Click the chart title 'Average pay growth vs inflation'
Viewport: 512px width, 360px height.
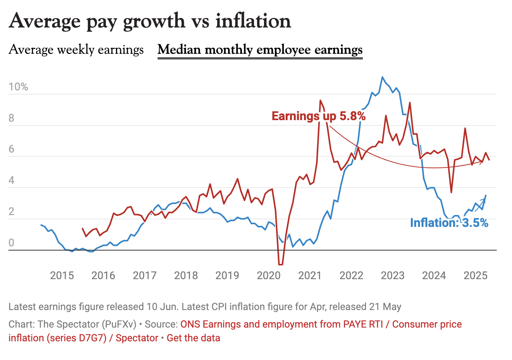[x=150, y=21]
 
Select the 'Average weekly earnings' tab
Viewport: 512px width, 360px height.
[x=76, y=50]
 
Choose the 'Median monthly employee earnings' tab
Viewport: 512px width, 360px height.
[x=260, y=50]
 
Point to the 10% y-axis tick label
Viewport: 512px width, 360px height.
[x=18, y=87]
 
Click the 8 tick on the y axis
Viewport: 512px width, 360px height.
[x=11, y=118]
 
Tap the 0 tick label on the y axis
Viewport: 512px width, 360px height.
[x=11, y=243]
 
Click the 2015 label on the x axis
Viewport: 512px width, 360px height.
[x=62, y=275]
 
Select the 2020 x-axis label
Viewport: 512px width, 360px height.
[x=269, y=275]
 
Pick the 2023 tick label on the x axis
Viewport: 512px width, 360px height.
[x=393, y=275]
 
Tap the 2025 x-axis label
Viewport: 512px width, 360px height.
[x=475, y=275]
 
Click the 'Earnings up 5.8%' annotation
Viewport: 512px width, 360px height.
[x=319, y=116]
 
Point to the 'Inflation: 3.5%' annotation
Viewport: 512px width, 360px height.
[x=449, y=223]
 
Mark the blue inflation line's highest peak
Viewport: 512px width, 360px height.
[x=382, y=77]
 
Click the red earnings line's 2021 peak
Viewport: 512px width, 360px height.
[x=320, y=101]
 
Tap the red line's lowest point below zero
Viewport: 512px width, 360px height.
[x=280, y=264]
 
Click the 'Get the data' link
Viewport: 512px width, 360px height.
[x=193, y=338]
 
